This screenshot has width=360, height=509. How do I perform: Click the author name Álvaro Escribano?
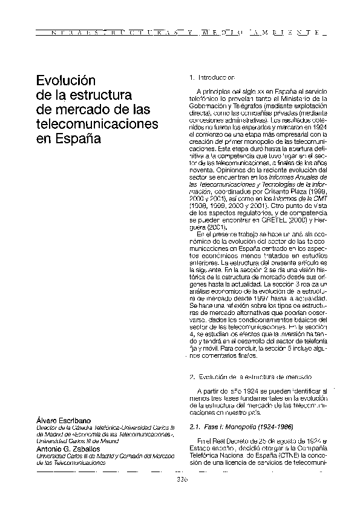[x=64, y=420]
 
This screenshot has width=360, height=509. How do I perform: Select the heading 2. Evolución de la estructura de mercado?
[x=242, y=377]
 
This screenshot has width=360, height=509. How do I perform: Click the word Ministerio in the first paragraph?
[x=303, y=98]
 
